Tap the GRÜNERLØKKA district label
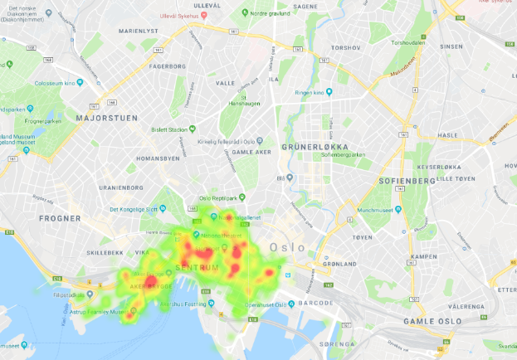coord(313,146)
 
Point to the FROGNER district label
coord(60,219)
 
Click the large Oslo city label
coord(287,247)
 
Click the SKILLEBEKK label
coord(105,252)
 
